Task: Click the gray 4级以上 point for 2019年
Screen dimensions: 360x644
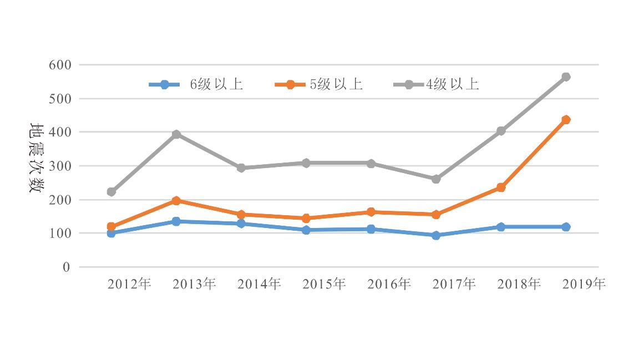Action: (566, 77)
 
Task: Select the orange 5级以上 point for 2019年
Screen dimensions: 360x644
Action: (566, 120)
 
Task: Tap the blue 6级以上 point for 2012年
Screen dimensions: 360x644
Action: (111, 233)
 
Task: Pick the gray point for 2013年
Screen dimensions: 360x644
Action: (176, 134)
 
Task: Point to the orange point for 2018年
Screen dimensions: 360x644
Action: (501, 187)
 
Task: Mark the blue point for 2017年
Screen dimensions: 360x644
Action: (436, 235)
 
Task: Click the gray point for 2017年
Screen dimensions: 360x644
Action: (436, 179)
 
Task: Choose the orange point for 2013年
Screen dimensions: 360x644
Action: (176, 200)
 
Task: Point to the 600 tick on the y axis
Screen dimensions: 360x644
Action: (60, 65)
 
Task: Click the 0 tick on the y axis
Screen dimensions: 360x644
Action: (67, 267)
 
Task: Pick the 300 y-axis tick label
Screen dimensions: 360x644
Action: (60, 166)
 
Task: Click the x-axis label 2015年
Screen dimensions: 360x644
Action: (324, 284)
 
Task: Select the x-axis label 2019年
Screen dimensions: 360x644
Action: (584, 284)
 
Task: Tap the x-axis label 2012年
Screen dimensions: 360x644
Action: (129, 284)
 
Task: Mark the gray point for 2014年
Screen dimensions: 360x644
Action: (241, 168)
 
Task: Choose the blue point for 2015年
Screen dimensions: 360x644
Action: (306, 230)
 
